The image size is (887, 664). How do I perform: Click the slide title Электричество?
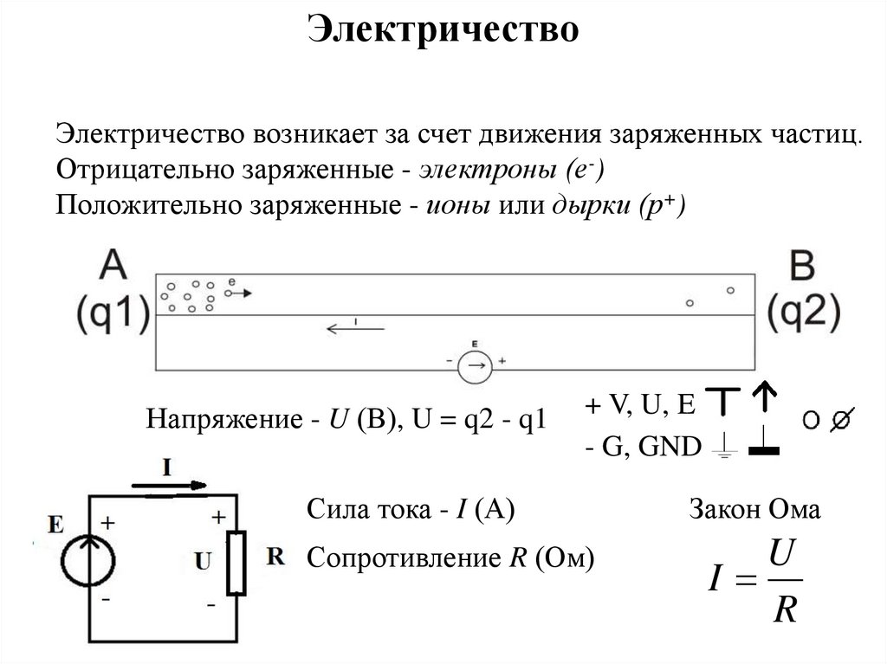point(443,29)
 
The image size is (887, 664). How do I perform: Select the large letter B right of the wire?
point(803,266)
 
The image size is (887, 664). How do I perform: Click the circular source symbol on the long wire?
point(474,368)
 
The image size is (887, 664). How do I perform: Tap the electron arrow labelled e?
point(241,293)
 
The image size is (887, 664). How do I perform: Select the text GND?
point(668,447)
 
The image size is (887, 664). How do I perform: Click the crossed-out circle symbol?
point(838,422)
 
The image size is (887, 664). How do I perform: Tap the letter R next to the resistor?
point(276,557)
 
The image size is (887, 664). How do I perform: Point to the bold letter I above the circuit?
point(167,468)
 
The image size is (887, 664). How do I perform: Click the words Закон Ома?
point(754,510)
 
